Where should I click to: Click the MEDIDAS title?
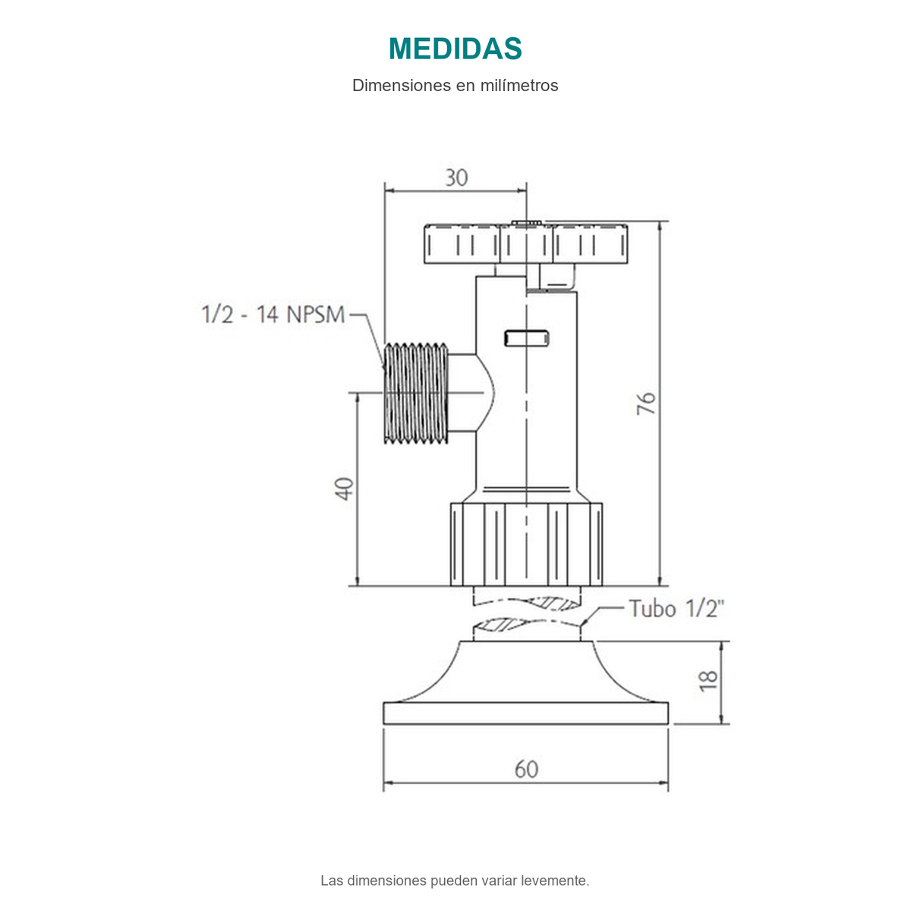pyautogui.click(x=455, y=49)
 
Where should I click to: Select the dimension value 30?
pyautogui.click(x=456, y=178)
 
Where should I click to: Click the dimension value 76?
pyautogui.click(x=646, y=403)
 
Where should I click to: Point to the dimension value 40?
pyautogui.click(x=344, y=489)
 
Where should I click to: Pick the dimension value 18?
pyautogui.click(x=708, y=681)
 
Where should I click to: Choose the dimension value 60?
pyautogui.click(x=526, y=769)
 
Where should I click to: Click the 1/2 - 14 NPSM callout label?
pyautogui.click(x=273, y=314)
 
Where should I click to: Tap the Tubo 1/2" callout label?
pyautogui.click(x=676, y=608)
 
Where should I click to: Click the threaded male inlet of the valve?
pyautogui.click(x=415, y=392)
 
